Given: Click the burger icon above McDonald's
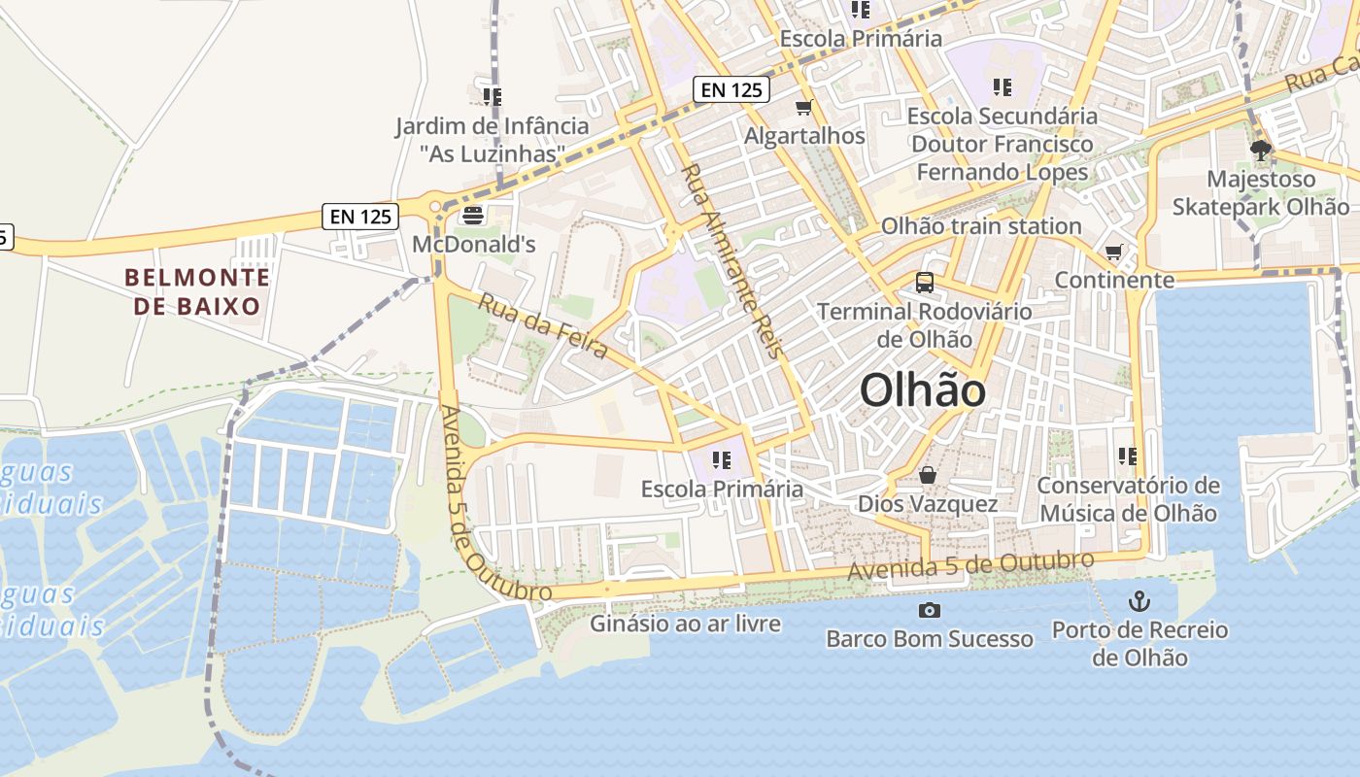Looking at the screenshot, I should [x=473, y=215].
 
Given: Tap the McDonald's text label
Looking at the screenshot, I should [x=474, y=244].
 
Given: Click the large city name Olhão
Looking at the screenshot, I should [x=923, y=390].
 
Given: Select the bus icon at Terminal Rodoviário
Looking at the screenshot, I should [x=925, y=283].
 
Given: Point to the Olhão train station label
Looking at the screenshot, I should [x=980, y=226].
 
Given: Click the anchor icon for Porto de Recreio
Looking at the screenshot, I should [x=1139, y=601].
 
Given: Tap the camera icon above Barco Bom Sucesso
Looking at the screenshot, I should [x=930, y=610].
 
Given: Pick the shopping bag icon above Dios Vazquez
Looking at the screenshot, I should [x=928, y=475].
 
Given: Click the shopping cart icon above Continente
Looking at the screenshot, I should [x=1113, y=253].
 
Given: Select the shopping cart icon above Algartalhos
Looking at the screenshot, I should [x=803, y=107].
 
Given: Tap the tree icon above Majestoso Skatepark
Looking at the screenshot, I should [x=1261, y=150].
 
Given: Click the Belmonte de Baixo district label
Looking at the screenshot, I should [x=197, y=291].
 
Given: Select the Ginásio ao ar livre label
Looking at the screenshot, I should [x=685, y=623].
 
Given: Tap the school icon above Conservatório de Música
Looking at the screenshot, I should [x=1127, y=456].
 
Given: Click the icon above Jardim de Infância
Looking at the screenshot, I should [x=492, y=96].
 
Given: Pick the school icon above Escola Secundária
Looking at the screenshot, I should [x=1003, y=87].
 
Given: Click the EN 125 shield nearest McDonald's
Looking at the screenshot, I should [x=360, y=217].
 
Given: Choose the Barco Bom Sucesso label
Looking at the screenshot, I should [x=930, y=639].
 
